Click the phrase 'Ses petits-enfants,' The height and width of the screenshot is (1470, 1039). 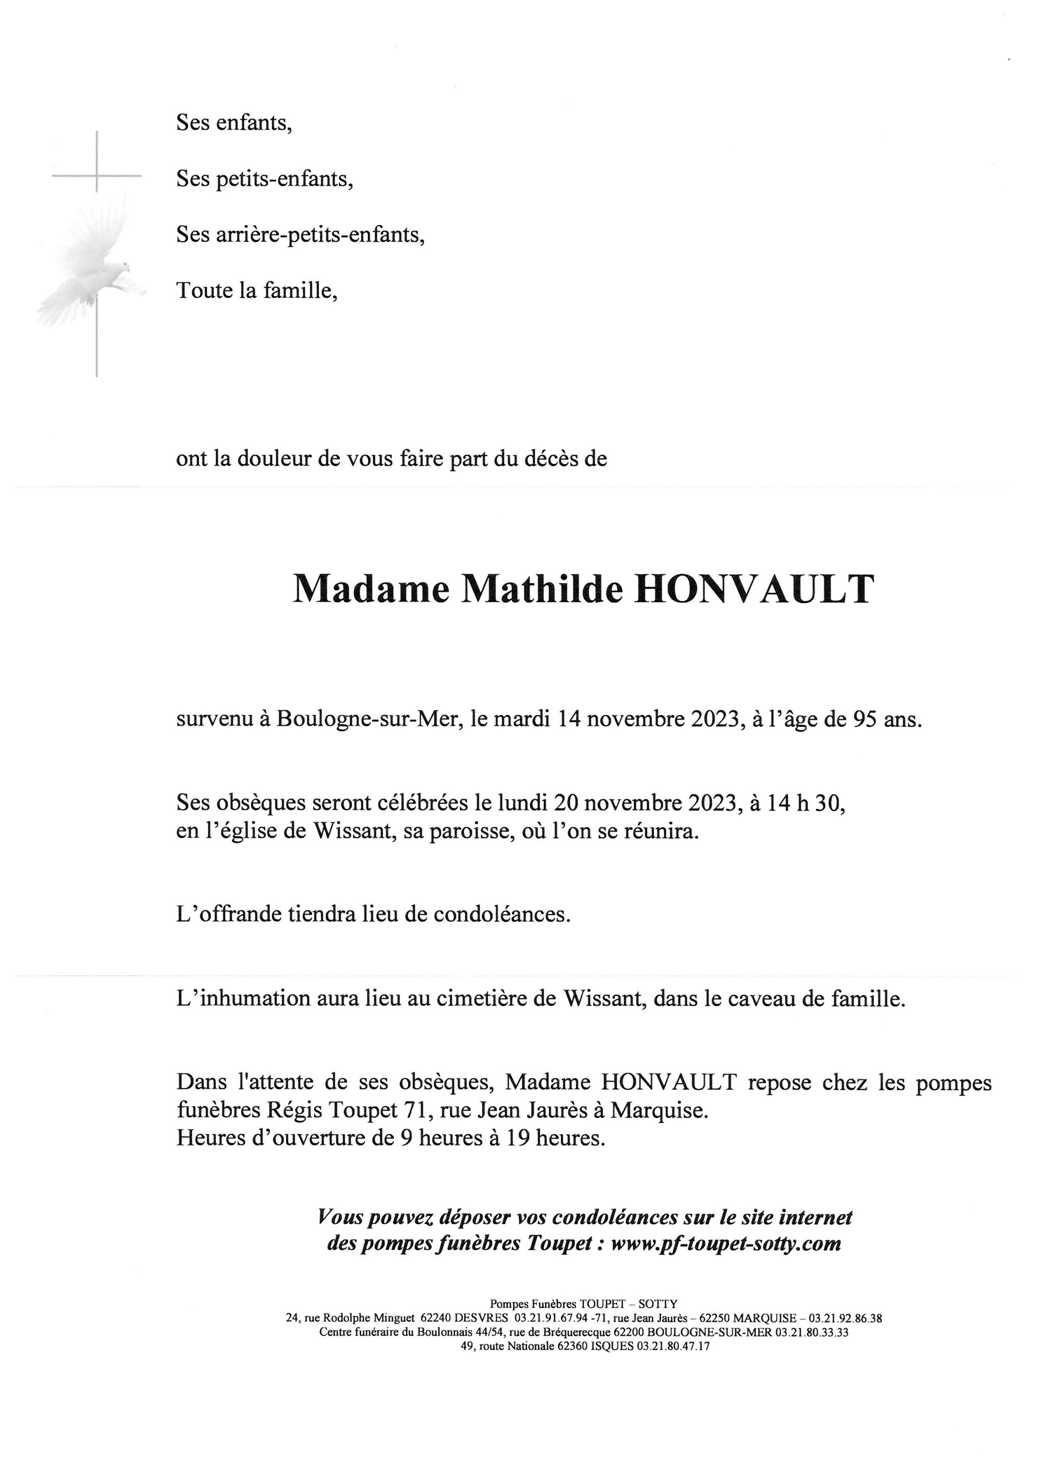coord(265,179)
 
